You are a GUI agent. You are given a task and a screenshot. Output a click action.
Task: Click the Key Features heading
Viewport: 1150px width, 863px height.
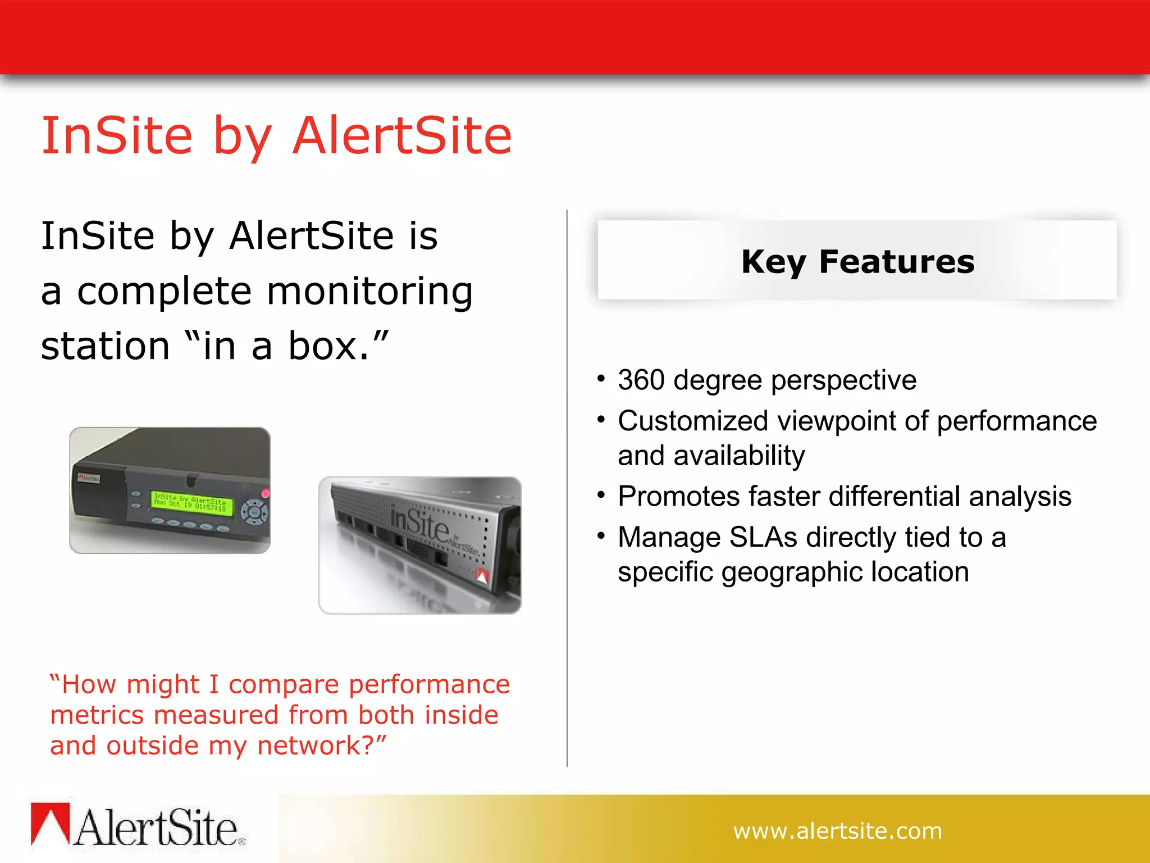coord(857,262)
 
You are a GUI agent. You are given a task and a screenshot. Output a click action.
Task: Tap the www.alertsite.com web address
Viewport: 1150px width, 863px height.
coord(837,831)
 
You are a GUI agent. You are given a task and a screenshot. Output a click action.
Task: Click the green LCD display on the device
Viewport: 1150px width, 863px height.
coord(191,502)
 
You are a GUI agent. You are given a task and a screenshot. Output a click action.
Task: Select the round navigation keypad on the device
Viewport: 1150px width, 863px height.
coord(254,512)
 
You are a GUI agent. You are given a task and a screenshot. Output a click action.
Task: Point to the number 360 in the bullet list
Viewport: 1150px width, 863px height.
coord(641,380)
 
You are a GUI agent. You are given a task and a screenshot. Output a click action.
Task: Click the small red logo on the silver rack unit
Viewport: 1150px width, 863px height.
coord(482,576)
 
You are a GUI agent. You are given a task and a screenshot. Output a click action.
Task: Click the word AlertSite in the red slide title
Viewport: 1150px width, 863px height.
coord(402,136)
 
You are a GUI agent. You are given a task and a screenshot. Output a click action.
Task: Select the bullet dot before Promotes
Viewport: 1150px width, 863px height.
coord(601,495)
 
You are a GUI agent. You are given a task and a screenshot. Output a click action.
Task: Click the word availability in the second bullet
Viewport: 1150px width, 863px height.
coord(739,456)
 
